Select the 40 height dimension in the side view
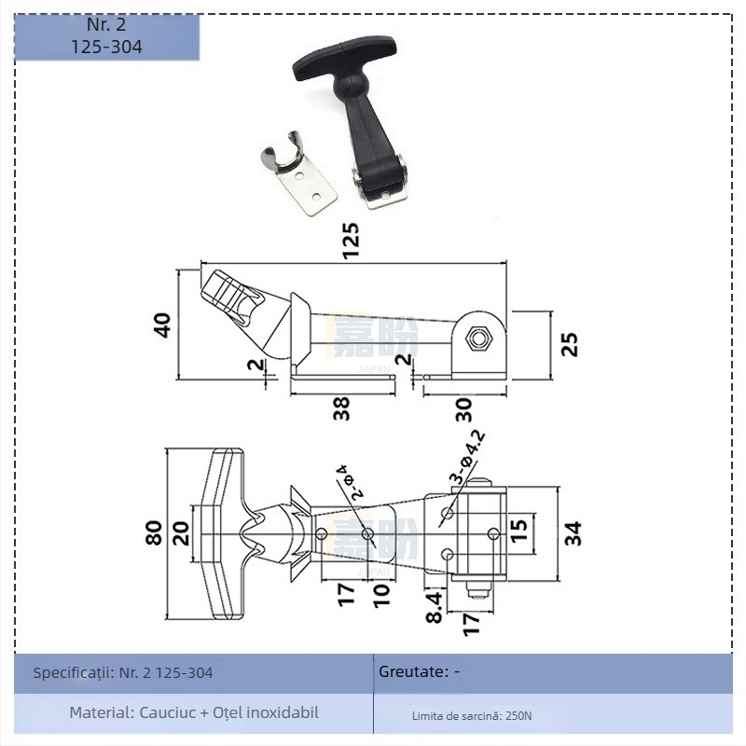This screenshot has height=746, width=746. pyautogui.click(x=163, y=325)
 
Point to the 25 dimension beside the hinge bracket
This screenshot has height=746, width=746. pyautogui.click(x=570, y=344)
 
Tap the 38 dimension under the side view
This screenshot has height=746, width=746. pyautogui.click(x=342, y=408)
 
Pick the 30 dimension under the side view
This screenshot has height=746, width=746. pyautogui.click(x=463, y=408)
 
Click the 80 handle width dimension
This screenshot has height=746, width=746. pyautogui.click(x=156, y=532)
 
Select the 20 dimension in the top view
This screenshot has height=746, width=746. pyautogui.click(x=181, y=532)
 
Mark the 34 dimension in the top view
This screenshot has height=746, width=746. pyautogui.click(x=573, y=532)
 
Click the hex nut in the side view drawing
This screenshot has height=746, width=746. pyautogui.click(x=480, y=338)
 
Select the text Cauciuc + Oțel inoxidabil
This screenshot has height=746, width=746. pyautogui.click(x=228, y=712)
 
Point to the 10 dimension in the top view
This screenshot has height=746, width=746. pyautogui.click(x=380, y=595)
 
